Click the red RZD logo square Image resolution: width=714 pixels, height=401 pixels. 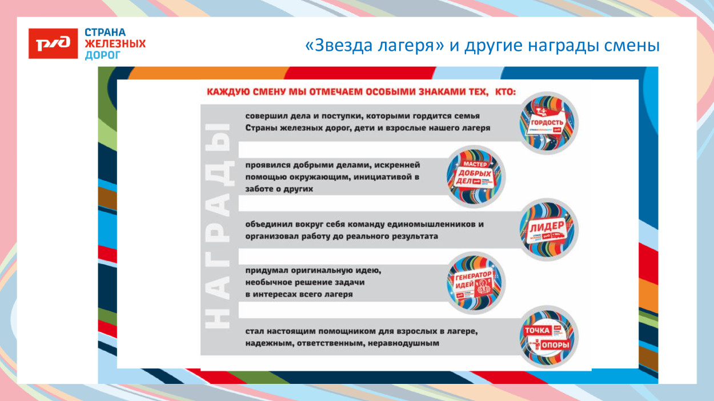click(53, 43)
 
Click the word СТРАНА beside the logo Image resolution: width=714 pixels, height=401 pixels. click(105, 33)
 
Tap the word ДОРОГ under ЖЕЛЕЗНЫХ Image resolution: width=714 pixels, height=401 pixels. click(103, 55)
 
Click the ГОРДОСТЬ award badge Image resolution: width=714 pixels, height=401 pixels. click(548, 123)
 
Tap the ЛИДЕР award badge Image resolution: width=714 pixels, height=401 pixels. click(548, 229)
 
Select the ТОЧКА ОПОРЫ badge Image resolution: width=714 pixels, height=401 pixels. click(548, 335)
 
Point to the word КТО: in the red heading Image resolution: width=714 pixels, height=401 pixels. click(503, 91)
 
